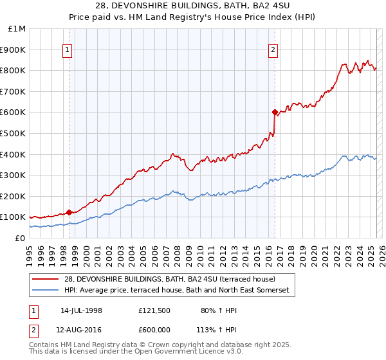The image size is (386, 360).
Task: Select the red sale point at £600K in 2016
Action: [x=275, y=112]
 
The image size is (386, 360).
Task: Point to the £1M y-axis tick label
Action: [x=17, y=28]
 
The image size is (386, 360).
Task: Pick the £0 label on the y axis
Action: [x=20, y=238]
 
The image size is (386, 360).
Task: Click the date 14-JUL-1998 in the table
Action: [x=81, y=310]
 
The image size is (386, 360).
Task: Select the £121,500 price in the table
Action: [x=154, y=310]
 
